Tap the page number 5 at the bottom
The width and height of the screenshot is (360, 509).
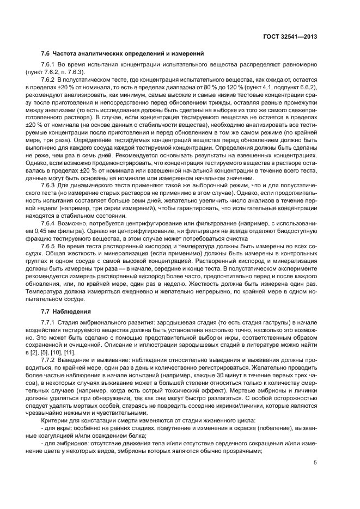pos(315,463)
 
